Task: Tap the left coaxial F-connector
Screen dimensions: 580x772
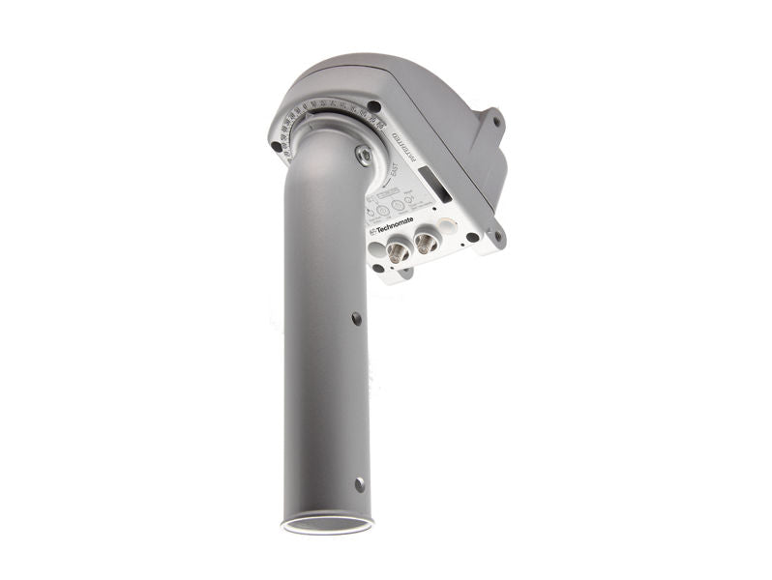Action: pos(398,253)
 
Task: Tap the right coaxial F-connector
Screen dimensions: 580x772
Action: pos(426,245)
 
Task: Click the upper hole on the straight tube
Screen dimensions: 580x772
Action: pos(356,318)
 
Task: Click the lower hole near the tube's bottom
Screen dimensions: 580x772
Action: pos(359,483)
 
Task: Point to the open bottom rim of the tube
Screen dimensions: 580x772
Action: pos(327,526)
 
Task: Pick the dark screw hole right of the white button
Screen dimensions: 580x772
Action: pos(472,236)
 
